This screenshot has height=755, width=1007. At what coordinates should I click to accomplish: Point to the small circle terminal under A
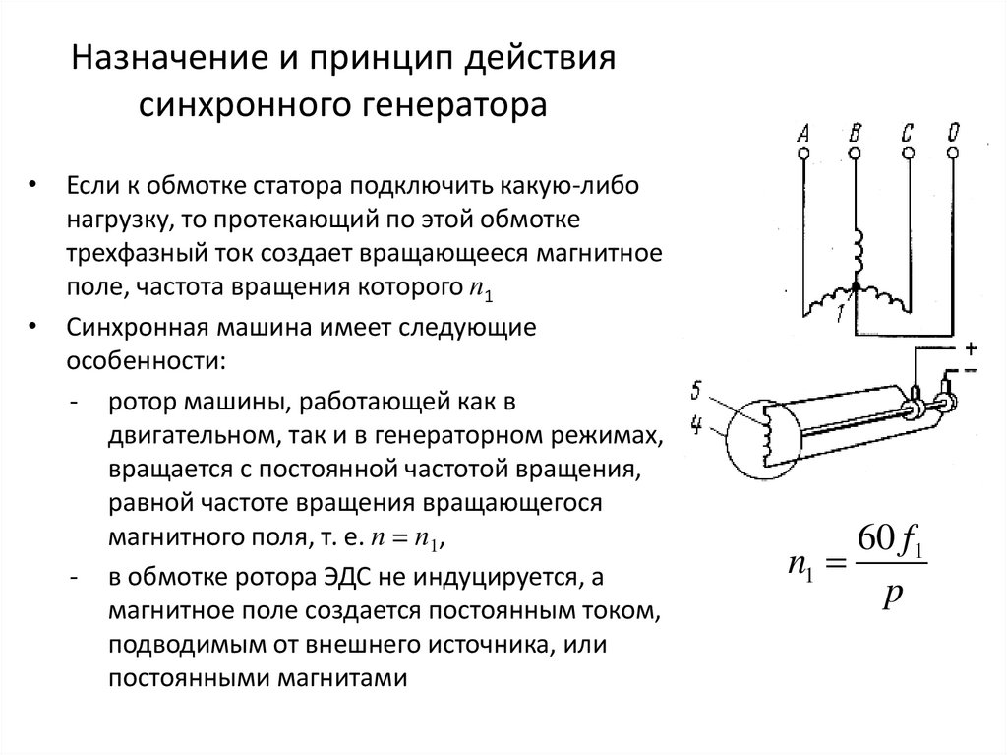(x=803, y=153)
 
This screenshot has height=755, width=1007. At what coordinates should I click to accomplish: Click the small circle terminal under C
(x=907, y=153)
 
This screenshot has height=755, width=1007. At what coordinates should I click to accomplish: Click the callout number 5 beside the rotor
(x=695, y=392)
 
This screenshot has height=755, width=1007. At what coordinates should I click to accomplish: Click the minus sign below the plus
(x=971, y=368)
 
